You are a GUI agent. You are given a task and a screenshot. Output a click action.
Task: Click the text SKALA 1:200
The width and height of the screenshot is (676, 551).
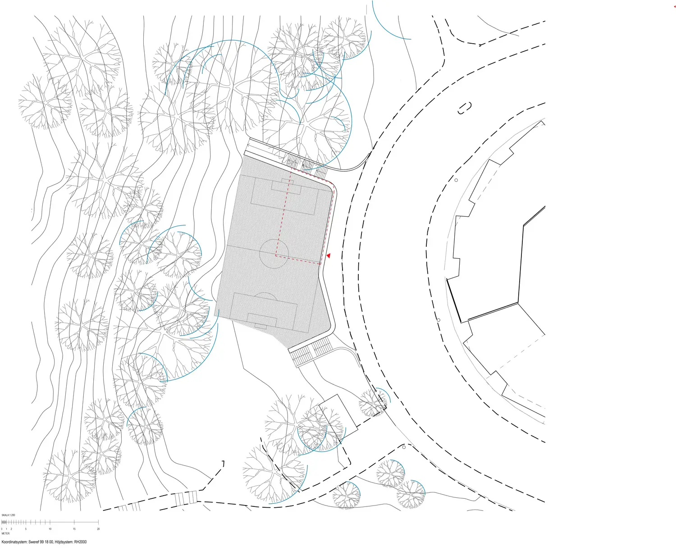coord(8,515)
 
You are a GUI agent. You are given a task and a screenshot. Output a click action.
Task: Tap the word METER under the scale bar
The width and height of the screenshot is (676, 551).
coord(5,534)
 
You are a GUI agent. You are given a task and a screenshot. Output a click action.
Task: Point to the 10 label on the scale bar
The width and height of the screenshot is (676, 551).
coord(50,529)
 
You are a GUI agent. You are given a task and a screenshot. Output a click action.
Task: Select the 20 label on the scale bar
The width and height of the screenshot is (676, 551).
coord(98,529)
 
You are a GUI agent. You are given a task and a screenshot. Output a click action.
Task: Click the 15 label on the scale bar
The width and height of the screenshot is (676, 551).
coord(74,529)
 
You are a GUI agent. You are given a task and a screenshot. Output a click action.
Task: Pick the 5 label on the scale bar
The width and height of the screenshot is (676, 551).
coord(26,529)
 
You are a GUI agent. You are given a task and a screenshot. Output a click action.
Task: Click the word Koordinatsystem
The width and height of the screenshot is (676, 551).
coord(14,542)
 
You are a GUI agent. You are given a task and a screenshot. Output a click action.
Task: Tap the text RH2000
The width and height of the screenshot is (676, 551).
coord(80,542)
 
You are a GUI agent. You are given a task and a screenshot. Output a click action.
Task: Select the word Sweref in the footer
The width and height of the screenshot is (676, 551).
coord(34,542)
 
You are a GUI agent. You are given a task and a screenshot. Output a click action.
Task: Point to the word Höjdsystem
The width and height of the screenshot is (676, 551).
coord(64,542)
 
